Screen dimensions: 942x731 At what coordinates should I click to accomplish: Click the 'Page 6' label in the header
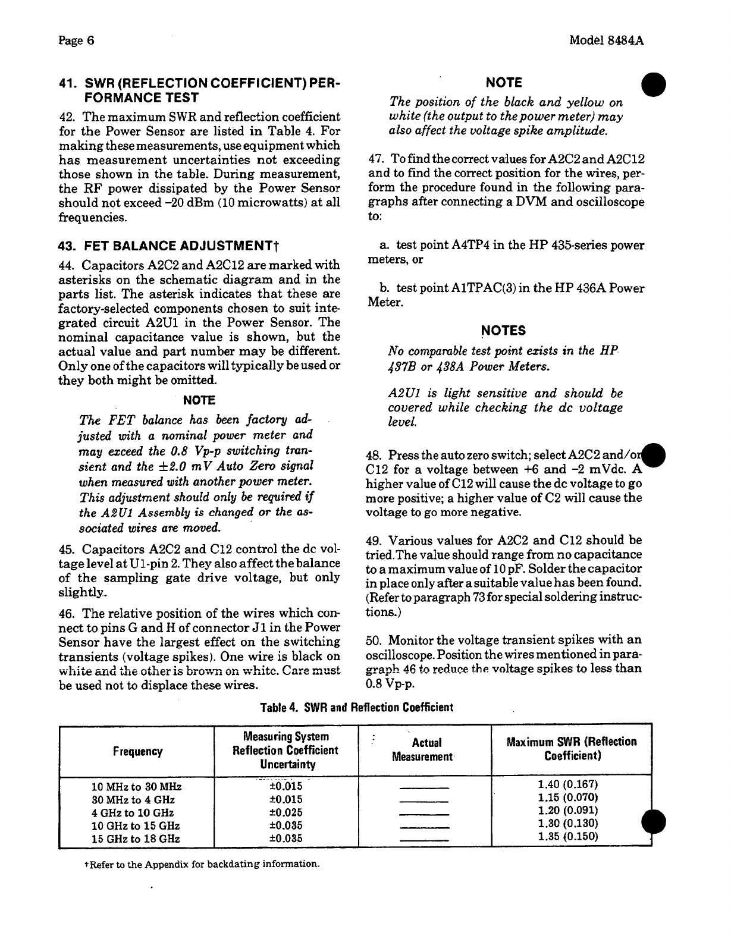click(x=77, y=40)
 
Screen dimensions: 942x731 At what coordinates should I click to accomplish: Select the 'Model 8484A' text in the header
click(x=607, y=40)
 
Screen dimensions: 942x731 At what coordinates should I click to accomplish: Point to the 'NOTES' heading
click(x=503, y=331)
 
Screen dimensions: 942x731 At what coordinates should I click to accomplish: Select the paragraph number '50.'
click(x=374, y=640)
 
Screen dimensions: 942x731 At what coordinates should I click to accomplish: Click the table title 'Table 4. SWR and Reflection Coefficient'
click(x=357, y=708)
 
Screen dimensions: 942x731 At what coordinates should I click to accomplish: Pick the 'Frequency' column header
click(x=137, y=752)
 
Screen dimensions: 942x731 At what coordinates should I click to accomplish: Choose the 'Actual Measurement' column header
click(x=425, y=750)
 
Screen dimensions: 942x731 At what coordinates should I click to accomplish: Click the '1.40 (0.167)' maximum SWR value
click(x=567, y=784)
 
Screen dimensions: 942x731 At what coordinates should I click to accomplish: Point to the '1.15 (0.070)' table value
click(x=567, y=797)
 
